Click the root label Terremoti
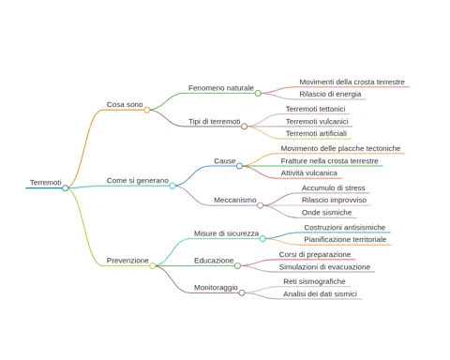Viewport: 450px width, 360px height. tap(46, 183)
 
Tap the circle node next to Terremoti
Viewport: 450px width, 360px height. tap(66, 187)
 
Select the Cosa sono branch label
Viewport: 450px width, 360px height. tap(125, 104)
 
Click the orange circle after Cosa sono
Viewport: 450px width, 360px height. tap(147, 110)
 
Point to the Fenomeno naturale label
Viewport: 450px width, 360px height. tap(221, 88)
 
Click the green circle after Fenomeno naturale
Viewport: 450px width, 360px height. tap(258, 93)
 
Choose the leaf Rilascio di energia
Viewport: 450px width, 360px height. tap(330, 94)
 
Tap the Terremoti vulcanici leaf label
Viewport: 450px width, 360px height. tap(317, 122)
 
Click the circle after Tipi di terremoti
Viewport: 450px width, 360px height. tap(245, 127)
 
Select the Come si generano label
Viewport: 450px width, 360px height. tap(138, 181)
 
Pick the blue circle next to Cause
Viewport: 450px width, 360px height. tap(239, 166)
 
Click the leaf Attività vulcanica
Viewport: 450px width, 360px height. tap(309, 173)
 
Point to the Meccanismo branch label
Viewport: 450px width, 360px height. tap(235, 200)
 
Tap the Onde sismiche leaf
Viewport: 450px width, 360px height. tap(326, 213)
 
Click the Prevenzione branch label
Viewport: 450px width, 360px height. tap(127, 261)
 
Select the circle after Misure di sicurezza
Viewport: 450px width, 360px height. tap(262, 239)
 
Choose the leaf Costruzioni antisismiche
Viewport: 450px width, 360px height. tap(345, 228)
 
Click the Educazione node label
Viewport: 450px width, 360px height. tap(214, 261)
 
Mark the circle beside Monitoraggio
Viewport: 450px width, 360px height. tap(242, 292)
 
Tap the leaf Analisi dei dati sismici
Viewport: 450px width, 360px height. tap(320, 294)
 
